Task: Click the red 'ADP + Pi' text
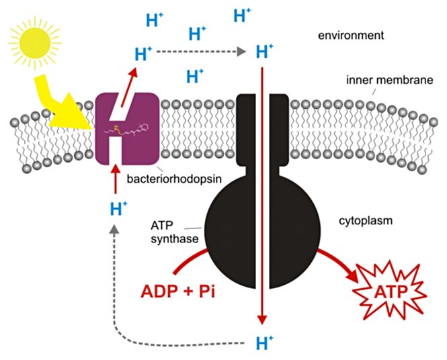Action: point(176,293)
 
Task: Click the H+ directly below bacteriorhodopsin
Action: point(118,209)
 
